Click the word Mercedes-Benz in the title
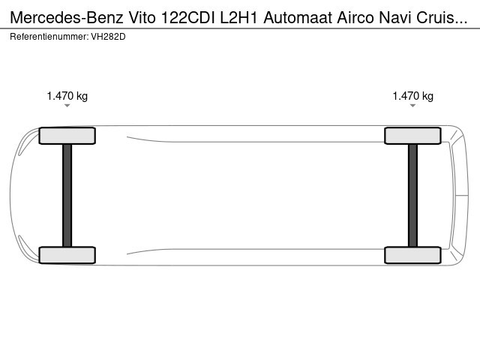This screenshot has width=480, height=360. tap(67, 17)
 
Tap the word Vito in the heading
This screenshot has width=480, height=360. tap(142, 17)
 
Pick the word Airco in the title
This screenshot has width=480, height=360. tap(355, 17)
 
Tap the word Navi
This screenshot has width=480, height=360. tap(395, 17)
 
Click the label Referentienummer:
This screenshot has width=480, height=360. tap(49, 37)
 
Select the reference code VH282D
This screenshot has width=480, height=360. tap(108, 37)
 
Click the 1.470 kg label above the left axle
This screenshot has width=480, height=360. tap(67, 96)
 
